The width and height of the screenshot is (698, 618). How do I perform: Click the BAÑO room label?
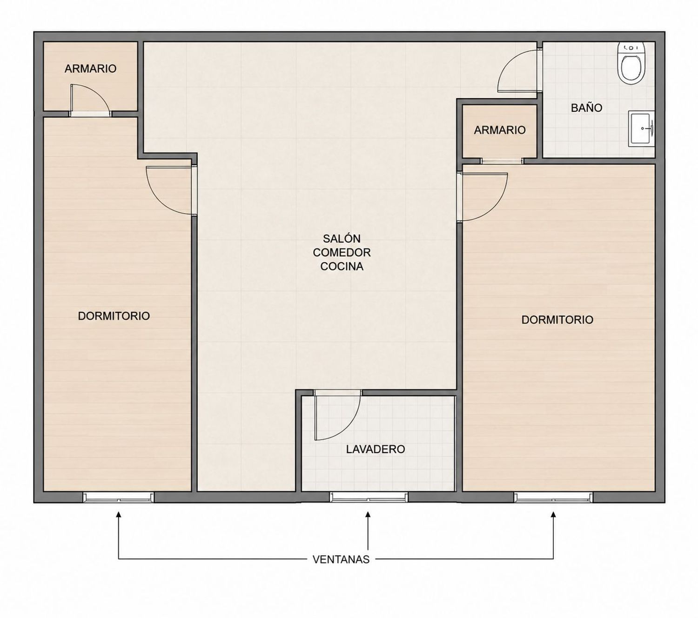pos(586,108)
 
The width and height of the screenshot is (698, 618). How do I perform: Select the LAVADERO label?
pos(375,449)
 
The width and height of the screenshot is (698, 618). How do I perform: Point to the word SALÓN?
pos(342,238)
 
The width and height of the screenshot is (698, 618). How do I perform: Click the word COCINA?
pos(342,266)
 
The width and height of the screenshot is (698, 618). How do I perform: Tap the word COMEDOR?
pos(342,253)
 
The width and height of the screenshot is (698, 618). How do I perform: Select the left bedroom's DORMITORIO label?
pos(114,316)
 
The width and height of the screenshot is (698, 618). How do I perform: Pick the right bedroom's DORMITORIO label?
pos(557,320)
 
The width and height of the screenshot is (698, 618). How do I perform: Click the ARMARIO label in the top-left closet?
pos(90,68)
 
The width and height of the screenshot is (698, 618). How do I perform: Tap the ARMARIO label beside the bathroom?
pos(500,130)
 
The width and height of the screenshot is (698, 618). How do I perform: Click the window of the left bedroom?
pos(118,497)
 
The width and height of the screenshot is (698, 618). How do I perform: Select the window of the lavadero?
pos(368,497)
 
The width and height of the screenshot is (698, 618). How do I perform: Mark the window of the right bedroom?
pos(553,497)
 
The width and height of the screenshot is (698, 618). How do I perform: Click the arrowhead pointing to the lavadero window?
pos(368,515)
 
